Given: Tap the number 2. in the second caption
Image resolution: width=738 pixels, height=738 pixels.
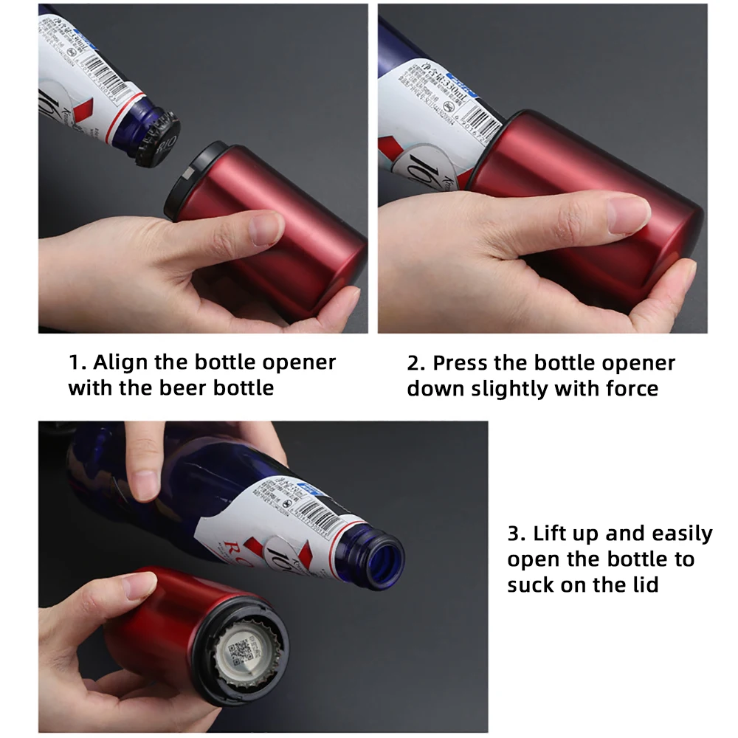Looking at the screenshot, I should (x=416, y=364).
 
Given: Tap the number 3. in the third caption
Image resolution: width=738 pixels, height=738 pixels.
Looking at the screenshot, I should (x=516, y=534).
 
